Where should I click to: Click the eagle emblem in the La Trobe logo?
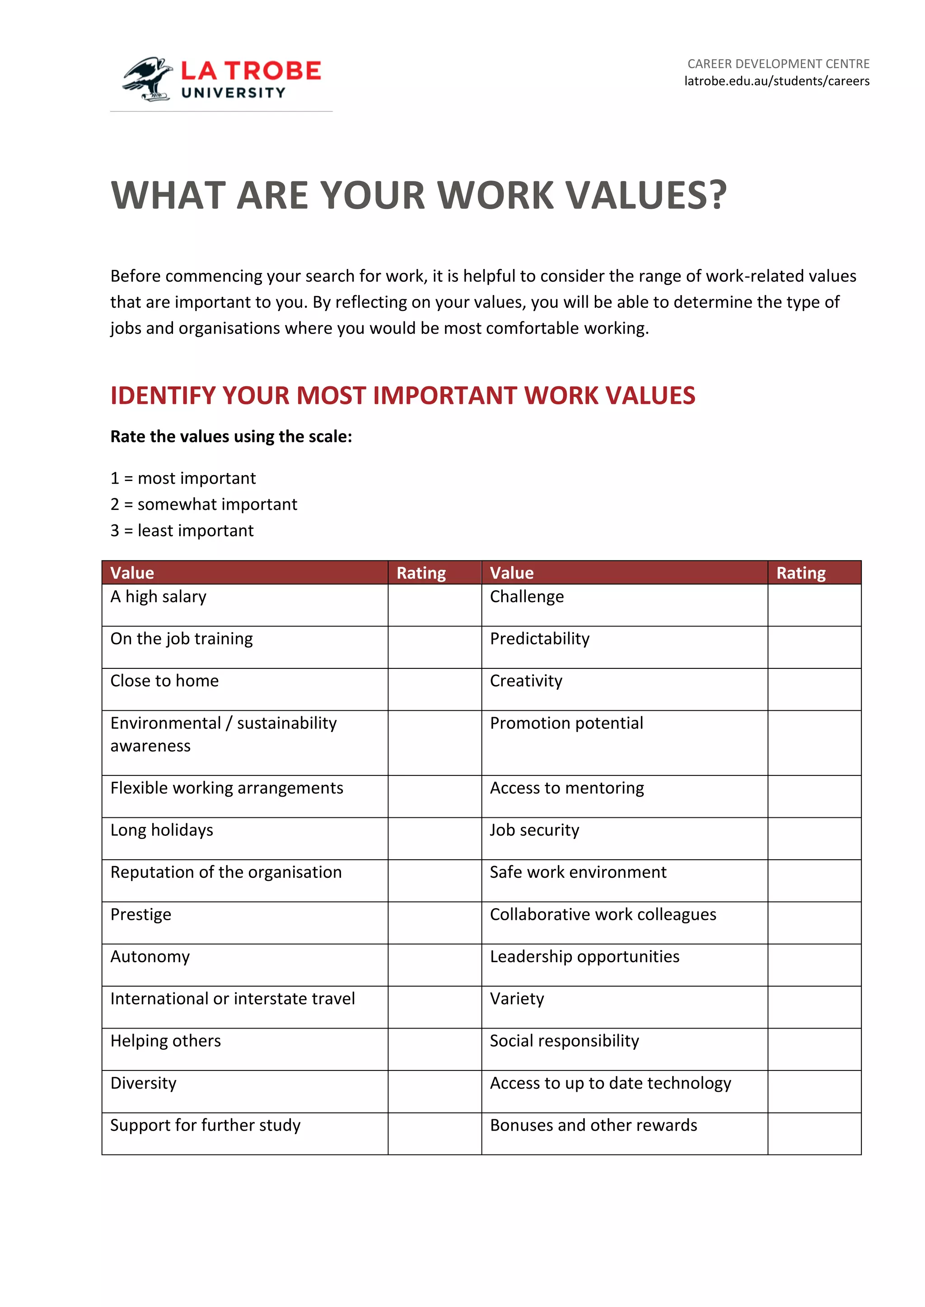coord(147,79)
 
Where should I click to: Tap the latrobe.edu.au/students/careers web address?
coord(776,81)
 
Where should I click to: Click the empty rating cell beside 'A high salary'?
coord(434,605)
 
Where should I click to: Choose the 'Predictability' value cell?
coord(539,639)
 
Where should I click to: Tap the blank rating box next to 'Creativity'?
coord(814,689)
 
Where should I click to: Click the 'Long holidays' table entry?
coord(162,830)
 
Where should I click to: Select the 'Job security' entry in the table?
coord(534,830)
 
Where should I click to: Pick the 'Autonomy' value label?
coord(150,956)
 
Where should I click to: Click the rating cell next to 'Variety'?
coord(814,1007)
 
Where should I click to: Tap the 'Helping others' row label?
coord(165,1041)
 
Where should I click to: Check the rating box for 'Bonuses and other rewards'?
coord(814,1133)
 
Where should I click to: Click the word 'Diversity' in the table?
coord(143,1083)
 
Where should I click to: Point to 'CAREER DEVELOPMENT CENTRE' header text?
coord(778,64)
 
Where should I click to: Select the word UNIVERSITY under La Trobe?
coord(233,93)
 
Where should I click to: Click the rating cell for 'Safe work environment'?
coord(814,881)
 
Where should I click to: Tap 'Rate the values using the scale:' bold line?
coord(231,436)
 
